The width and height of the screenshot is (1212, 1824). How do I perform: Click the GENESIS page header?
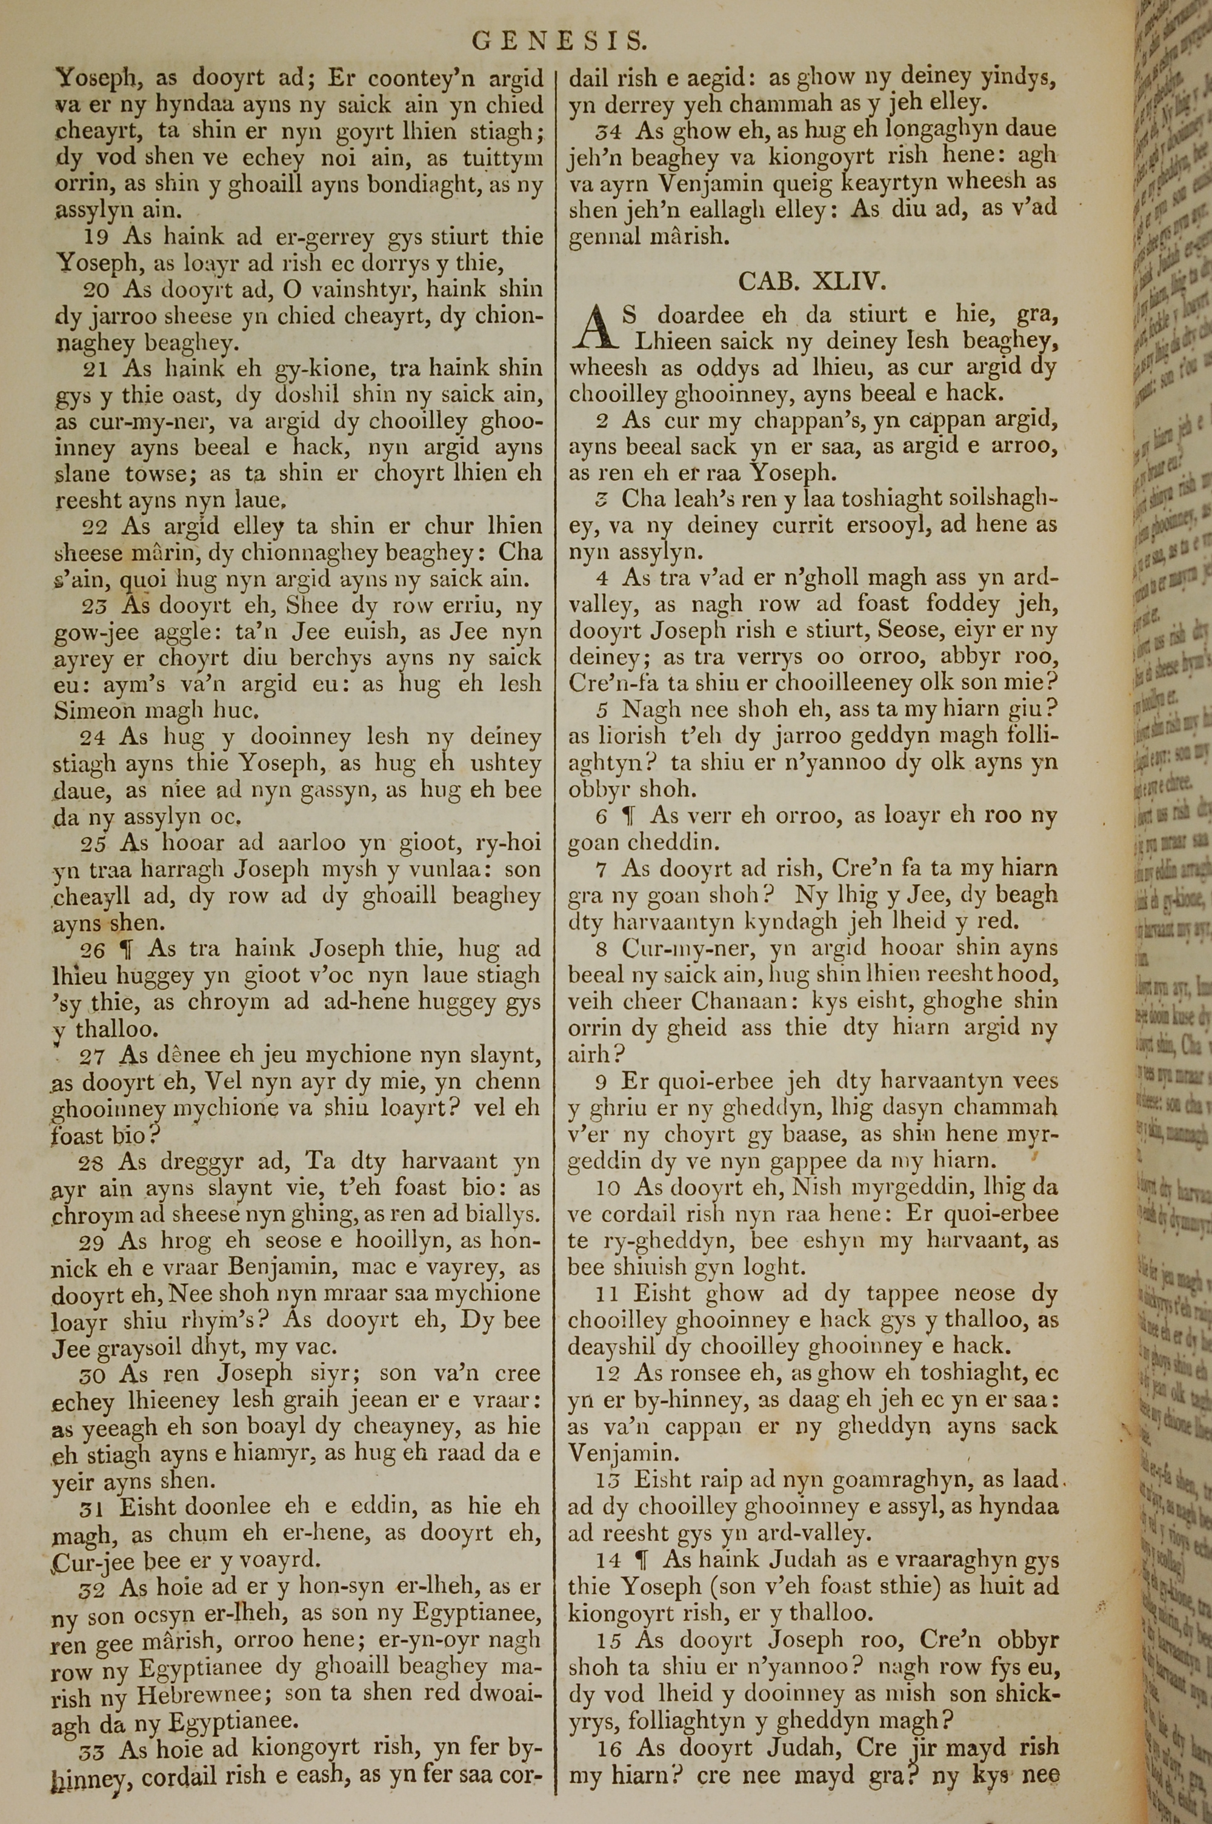pos(559,39)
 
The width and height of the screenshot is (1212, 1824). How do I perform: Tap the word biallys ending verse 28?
pos(497,1214)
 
